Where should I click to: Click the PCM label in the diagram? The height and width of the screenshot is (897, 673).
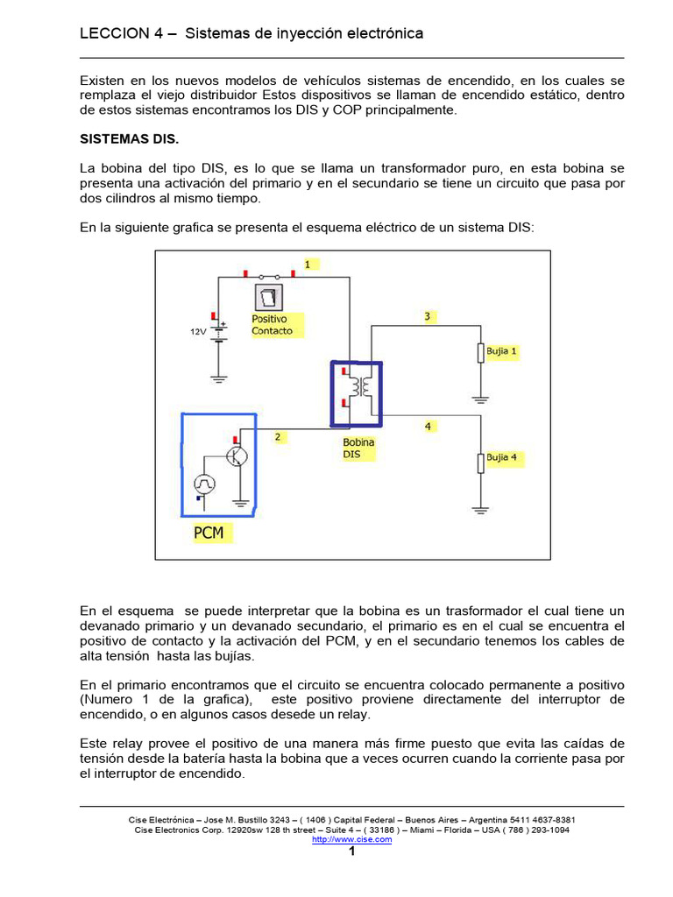pos(209,533)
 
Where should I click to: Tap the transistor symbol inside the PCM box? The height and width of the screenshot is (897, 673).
pos(237,456)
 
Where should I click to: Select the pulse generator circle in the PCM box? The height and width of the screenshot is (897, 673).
pos(203,483)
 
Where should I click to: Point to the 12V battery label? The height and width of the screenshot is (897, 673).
pos(197,332)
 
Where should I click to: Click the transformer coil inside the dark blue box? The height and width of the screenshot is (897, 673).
pos(357,386)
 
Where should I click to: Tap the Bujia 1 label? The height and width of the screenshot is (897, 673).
pos(502,351)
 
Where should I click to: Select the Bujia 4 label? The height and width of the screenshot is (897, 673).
pos(502,457)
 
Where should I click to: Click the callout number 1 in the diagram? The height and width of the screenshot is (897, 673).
pos(307,263)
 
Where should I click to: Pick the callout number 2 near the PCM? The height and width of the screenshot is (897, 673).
pos(278,435)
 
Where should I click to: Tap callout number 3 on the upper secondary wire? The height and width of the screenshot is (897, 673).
pos(427,315)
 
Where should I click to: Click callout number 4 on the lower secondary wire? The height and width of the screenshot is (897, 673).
pos(428,426)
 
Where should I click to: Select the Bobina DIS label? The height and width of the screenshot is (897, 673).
pos(358,448)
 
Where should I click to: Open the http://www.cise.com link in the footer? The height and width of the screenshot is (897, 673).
pos(351,839)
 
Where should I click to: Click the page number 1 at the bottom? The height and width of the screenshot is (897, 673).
pos(351,851)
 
